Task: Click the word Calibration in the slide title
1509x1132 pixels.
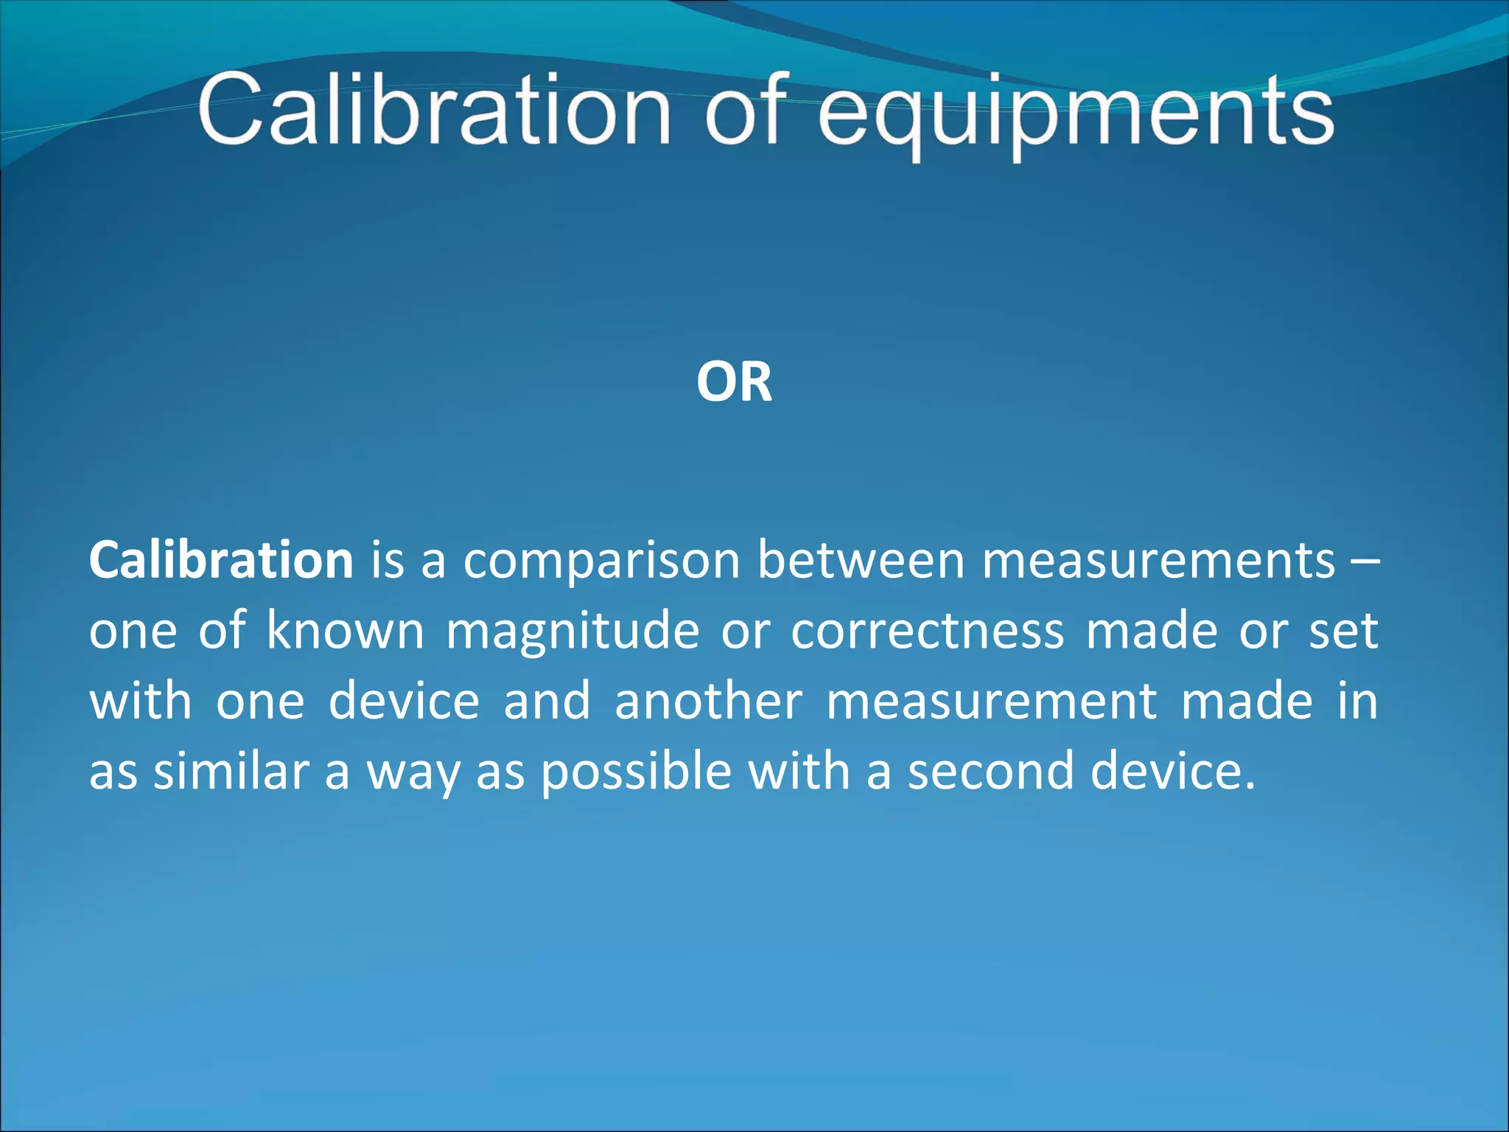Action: pyautogui.click(x=435, y=111)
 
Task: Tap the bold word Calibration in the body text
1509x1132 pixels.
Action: pyautogui.click(x=221, y=560)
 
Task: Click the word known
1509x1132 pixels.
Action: pyautogui.click(x=345, y=631)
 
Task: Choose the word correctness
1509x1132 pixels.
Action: pyautogui.click(x=928, y=631)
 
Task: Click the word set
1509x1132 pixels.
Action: pyautogui.click(x=1342, y=631)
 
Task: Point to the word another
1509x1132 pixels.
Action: pyautogui.click(x=708, y=701)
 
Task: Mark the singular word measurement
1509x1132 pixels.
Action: pyautogui.click(x=991, y=701)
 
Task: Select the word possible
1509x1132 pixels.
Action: pyautogui.click(x=637, y=772)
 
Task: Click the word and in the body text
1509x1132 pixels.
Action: pyautogui.click(x=547, y=701)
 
